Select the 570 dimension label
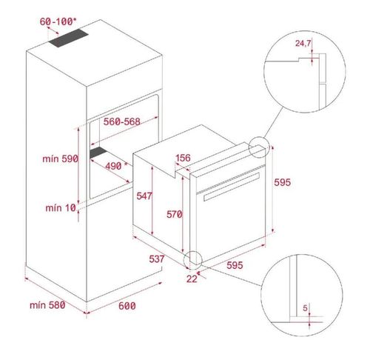[174, 215]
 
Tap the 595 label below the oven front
[235, 264]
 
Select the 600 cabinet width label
[127, 304]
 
